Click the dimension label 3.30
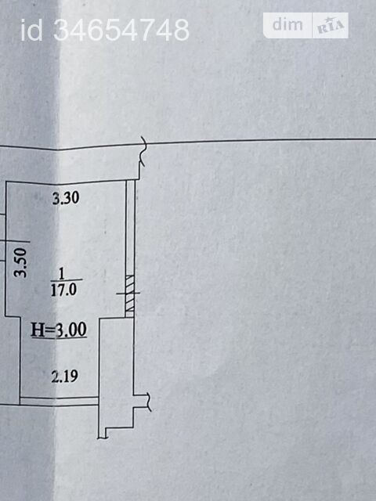coord(66,198)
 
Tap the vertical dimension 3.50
coord(21,263)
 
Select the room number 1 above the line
coord(61,273)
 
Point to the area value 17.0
coord(64,290)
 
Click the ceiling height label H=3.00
coord(59,330)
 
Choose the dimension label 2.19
coord(64,376)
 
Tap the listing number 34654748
coord(121,30)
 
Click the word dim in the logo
coord(287,24)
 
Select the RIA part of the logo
coord(331,26)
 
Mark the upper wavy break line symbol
coord(143,151)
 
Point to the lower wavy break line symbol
coord(148,402)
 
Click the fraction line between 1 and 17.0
coord(67,281)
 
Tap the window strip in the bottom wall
coord(59,401)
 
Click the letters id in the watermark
coord(31,30)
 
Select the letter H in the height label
coord(38,330)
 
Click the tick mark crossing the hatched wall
coord(128,293)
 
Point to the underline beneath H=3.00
coord(59,337)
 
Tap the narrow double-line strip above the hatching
coord(131,228)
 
